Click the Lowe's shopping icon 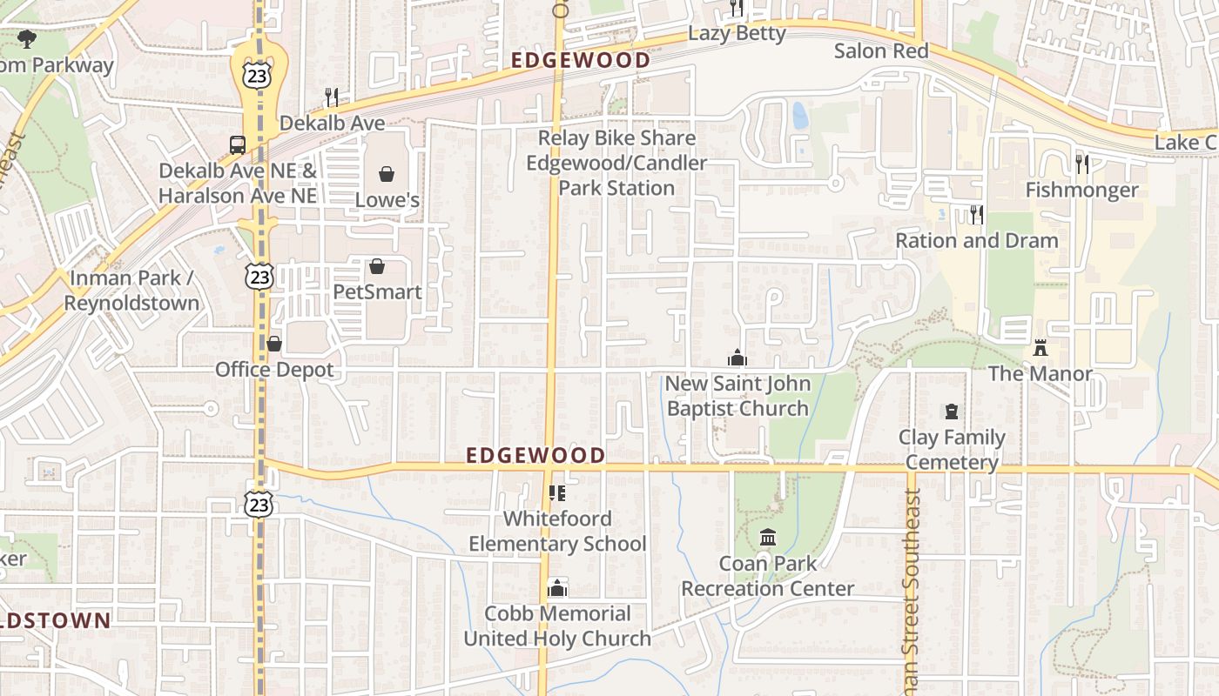(x=387, y=174)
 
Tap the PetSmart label (x=377, y=291)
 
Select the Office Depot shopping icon (x=274, y=344)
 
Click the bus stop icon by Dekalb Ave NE (x=237, y=144)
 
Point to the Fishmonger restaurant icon (x=1082, y=164)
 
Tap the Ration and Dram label (x=977, y=240)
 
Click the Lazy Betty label (x=737, y=33)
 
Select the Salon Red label (x=881, y=50)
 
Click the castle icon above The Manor (x=1040, y=348)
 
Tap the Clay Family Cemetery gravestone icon (x=952, y=412)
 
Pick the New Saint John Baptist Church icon (x=737, y=358)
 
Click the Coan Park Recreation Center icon (x=767, y=538)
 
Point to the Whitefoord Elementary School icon (x=557, y=493)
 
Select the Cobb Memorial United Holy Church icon (x=557, y=588)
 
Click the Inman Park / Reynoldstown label (x=131, y=291)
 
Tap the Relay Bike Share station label (x=616, y=163)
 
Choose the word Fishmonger (x=1081, y=190)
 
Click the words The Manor (x=1040, y=373)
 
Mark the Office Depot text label (x=274, y=370)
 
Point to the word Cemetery (x=952, y=462)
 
